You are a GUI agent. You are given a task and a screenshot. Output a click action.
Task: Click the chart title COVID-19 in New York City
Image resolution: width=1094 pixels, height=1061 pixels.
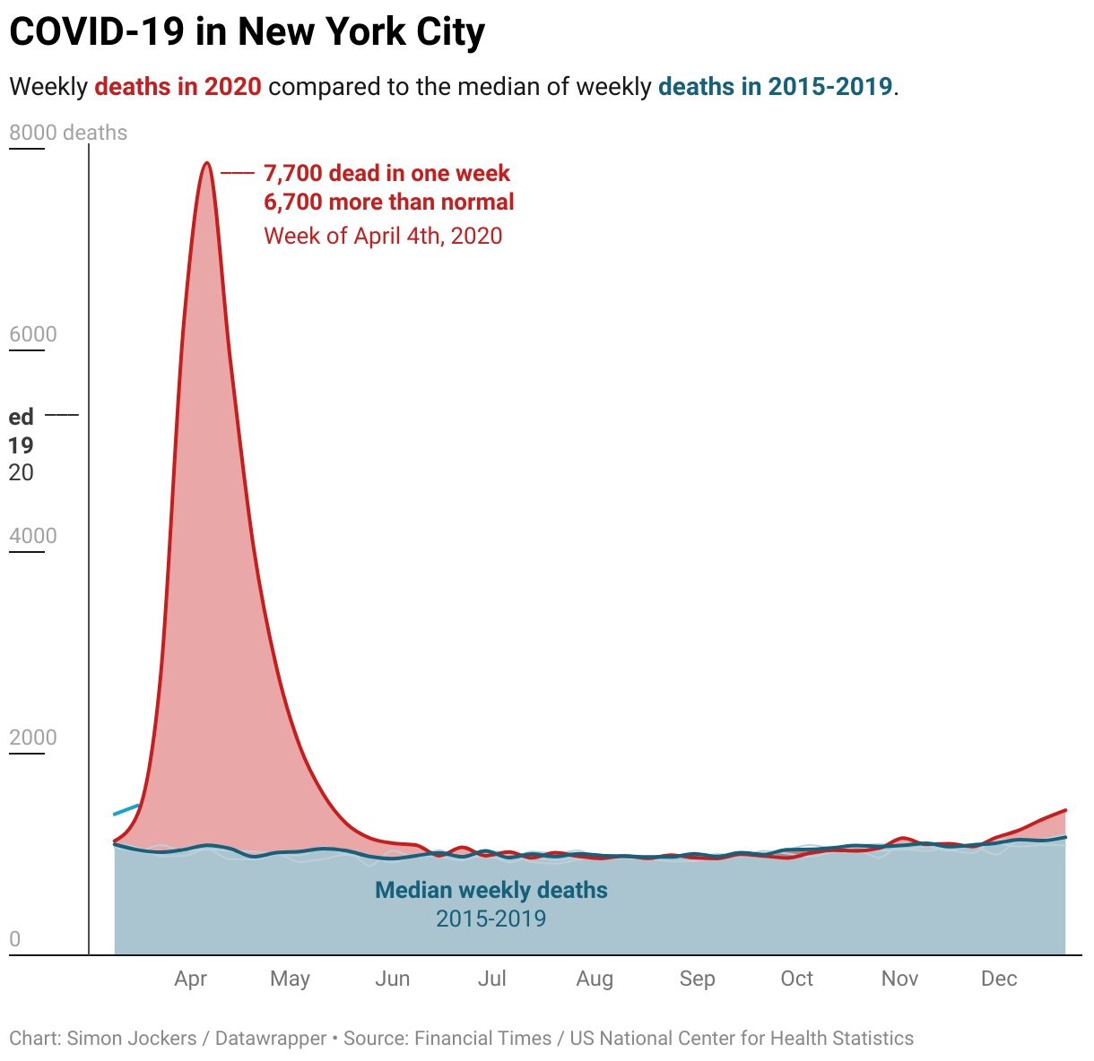coord(247,33)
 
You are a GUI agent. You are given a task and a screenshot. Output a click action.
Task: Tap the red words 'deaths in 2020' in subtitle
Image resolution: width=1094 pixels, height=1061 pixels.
coord(178,87)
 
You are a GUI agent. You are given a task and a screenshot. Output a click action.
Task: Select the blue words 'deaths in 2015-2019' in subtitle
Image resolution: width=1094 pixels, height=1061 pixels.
coord(775,87)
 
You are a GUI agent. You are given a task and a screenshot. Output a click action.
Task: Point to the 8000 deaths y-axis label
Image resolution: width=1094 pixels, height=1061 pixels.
coord(68,134)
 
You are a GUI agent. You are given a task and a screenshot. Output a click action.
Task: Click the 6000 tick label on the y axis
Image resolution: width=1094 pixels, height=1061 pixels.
coord(33,334)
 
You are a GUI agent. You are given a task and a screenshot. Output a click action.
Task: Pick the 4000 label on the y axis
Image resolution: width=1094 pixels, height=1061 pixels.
coord(33,536)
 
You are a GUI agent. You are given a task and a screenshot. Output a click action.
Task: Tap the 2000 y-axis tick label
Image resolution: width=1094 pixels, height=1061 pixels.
coord(33,738)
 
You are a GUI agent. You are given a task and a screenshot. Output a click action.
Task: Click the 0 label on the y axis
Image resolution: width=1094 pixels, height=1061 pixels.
coord(14,939)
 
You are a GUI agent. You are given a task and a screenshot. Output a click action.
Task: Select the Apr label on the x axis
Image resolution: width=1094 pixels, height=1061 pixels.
coord(191,979)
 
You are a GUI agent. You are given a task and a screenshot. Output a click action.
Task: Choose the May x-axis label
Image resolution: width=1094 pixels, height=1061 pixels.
coord(290,979)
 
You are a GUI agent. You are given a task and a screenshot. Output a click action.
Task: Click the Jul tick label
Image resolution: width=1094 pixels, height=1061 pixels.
coord(491,979)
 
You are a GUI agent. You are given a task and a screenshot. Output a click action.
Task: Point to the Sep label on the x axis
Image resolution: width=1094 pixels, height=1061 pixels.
coord(697,979)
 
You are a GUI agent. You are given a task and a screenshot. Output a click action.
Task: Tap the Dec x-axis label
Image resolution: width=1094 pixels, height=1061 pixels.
coord(999,979)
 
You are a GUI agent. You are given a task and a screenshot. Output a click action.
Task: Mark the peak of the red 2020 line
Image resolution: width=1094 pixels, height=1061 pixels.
coord(207,163)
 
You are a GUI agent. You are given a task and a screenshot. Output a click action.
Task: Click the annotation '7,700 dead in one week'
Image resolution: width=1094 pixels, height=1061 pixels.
coord(386,173)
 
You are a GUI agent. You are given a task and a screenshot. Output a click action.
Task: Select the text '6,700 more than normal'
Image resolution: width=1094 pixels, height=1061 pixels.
coord(388,202)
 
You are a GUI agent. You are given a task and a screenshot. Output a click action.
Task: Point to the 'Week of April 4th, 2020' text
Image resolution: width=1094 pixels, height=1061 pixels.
coord(383,236)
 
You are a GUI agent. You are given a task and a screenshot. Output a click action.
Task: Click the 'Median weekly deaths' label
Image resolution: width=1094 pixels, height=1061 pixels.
coord(491,891)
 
